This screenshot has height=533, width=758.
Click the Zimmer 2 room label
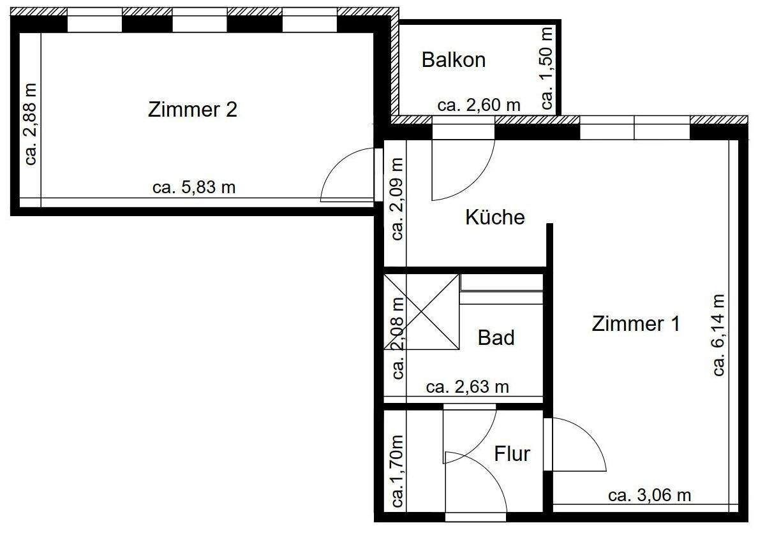point(192,110)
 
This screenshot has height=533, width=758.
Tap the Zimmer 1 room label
point(635,323)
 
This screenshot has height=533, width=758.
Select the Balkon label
point(454,60)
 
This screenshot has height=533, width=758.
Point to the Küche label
point(494,217)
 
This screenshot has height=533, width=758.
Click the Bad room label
point(496,337)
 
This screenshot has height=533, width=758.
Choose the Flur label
point(512,454)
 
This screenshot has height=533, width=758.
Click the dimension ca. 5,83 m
point(194,187)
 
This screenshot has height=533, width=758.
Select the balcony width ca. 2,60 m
point(479,105)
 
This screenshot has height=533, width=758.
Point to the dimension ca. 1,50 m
point(547,68)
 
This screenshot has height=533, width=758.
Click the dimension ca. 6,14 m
point(719,335)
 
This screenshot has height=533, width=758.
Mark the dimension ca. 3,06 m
point(650,495)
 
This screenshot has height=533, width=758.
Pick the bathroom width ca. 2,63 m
point(467,387)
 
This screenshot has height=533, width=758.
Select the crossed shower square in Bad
point(421,312)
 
